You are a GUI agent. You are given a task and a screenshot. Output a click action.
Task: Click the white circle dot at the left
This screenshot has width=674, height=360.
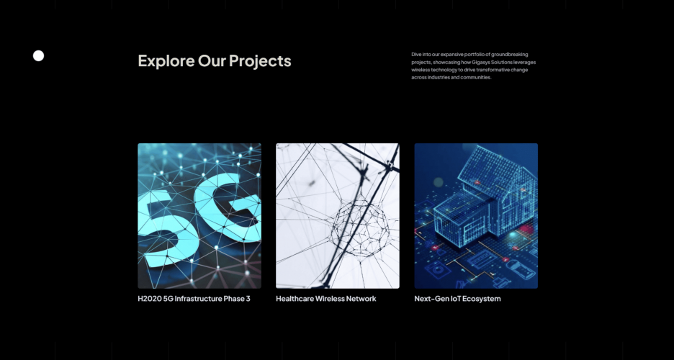pyautogui.click(x=39, y=56)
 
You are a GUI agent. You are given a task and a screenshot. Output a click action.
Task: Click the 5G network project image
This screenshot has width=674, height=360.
pyautogui.click(x=199, y=216)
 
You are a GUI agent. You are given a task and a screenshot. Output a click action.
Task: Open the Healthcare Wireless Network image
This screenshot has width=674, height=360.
pyautogui.click(x=337, y=216)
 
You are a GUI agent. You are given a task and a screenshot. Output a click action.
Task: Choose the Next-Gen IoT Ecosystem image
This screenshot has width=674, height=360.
pyautogui.click(x=475, y=216)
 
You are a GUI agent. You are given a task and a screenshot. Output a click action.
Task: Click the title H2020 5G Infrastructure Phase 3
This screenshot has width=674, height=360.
pyautogui.click(x=194, y=299)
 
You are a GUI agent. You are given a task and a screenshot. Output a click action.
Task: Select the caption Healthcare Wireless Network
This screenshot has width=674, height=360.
pyautogui.click(x=325, y=299)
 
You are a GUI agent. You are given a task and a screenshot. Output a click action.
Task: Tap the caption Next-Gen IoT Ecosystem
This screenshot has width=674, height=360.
pyautogui.click(x=457, y=299)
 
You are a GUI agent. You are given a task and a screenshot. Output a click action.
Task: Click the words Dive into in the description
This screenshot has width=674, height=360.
pyautogui.click(x=421, y=55)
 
